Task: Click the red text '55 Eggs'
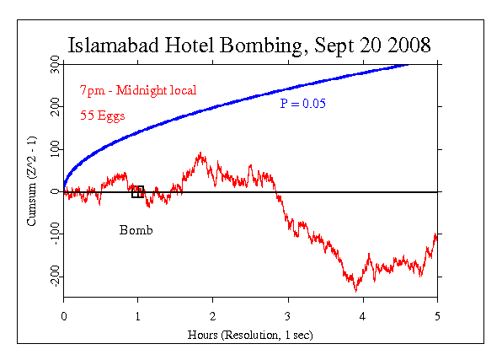point(103,116)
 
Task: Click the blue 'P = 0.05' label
point(303,104)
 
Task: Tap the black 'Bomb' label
point(136,230)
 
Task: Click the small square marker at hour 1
point(138,192)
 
